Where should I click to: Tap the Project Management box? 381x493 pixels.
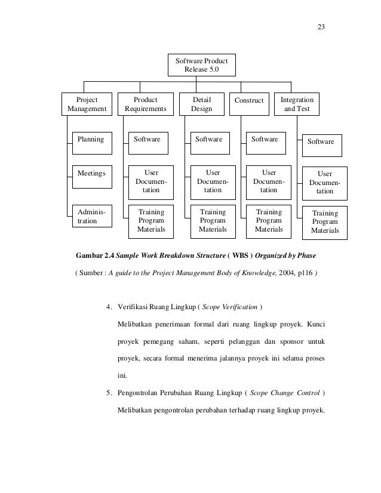click(87, 104)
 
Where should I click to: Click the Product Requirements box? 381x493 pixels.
click(145, 104)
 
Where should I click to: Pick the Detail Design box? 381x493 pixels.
click(201, 104)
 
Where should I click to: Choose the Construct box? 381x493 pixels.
click(249, 101)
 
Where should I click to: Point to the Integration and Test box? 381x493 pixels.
click(297, 104)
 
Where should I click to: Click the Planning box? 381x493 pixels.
click(91, 140)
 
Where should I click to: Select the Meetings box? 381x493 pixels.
click(91, 174)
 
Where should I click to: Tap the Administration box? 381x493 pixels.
click(91, 216)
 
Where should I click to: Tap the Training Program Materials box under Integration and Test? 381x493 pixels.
click(325, 221)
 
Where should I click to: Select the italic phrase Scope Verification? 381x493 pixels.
click(229, 308)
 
